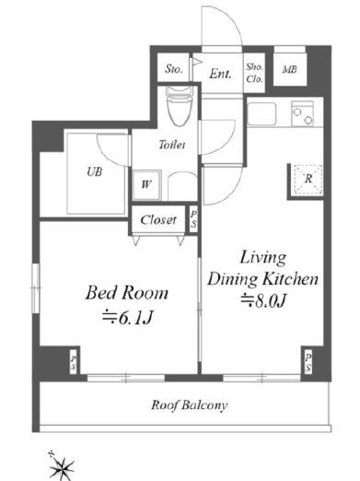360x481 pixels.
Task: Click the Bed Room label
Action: [x=127, y=292]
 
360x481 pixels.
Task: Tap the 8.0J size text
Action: [x=263, y=300]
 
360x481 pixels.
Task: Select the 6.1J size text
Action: [x=127, y=318]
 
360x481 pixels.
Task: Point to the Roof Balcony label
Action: [x=190, y=405]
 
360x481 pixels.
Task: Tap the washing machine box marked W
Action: [x=146, y=185]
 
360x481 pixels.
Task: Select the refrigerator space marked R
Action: [x=308, y=179]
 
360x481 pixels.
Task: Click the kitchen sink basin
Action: [x=261, y=113]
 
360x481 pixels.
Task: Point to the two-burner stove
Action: [x=302, y=113]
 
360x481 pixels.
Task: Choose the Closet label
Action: [x=158, y=219]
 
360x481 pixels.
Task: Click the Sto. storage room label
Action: [x=174, y=68]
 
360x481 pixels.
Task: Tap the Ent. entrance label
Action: [x=220, y=74]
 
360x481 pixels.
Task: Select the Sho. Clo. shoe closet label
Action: [x=254, y=73]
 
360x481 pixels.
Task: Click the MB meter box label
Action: [x=290, y=70]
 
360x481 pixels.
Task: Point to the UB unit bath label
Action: [x=95, y=171]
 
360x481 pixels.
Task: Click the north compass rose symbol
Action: [x=62, y=467]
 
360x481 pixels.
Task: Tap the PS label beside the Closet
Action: [x=193, y=220]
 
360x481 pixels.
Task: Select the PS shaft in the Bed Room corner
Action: [x=74, y=363]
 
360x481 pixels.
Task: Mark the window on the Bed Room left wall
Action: [x=36, y=288]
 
